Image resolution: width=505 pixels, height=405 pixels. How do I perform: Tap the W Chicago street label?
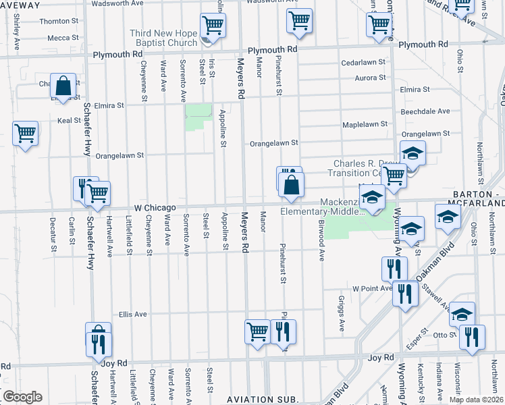154,207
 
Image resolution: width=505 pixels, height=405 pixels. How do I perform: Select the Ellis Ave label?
132,314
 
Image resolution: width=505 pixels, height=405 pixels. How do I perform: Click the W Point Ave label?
371,288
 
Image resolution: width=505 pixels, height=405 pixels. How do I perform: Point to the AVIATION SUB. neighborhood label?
263,400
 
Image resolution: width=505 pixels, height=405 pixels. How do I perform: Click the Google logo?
22,397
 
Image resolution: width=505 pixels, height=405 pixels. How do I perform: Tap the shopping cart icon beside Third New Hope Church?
213,26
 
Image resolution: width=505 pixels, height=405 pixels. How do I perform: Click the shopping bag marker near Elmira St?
63,86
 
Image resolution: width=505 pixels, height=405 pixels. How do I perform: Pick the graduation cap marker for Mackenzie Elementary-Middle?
371,198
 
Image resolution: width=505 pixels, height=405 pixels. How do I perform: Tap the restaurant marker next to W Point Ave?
404,294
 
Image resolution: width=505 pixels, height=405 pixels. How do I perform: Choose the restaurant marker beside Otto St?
472,336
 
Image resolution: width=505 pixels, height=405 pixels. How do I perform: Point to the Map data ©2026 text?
475,400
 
